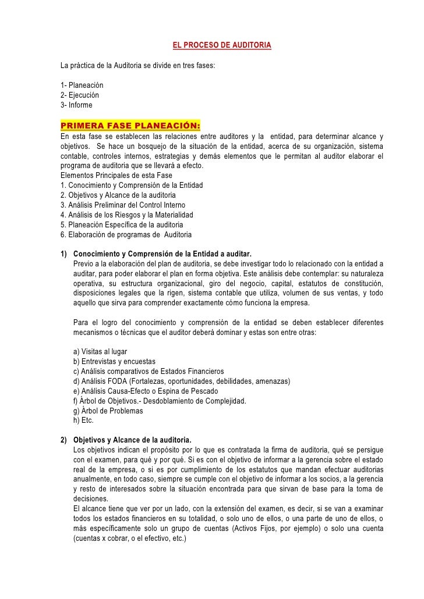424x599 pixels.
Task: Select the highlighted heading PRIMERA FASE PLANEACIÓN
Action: [x=130, y=126]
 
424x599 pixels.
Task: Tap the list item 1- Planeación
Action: [x=82, y=85]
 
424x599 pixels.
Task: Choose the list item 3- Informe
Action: [x=76, y=105]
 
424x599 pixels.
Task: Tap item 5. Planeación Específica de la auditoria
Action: [x=122, y=224]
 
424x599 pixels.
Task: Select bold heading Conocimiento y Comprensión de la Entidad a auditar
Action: [x=163, y=254]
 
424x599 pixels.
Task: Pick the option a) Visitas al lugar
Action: [x=101, y=352]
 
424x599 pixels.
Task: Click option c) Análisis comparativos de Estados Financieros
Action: [x=149, y=372]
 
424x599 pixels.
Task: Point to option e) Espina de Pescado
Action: [x=146, y=391]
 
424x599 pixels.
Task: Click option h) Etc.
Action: [x=84, y=420]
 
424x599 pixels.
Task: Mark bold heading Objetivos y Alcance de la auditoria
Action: [x=137, y=440]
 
